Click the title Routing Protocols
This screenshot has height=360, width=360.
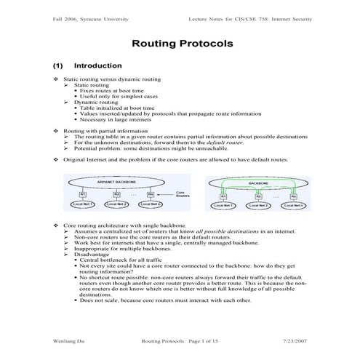coord(182,44)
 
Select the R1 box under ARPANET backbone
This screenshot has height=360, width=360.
coord(82,194)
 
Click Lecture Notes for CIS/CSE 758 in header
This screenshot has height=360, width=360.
coord(255,17)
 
